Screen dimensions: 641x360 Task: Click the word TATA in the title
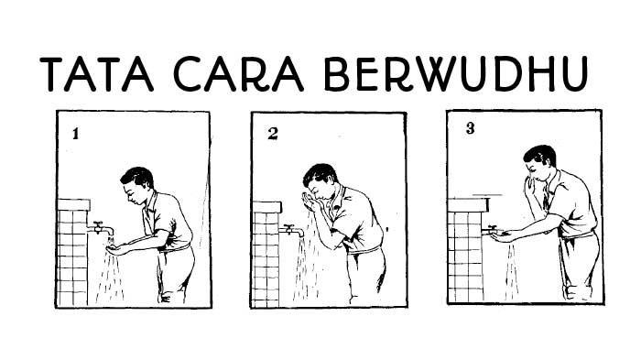[x=96, y=74]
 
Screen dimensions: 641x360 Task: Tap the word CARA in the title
[x=238, y=74]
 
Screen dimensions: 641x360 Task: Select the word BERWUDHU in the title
[x=456, y=73]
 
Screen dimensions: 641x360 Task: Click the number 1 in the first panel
[x=75, y=134]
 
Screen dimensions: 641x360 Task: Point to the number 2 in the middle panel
[x=273, y=134]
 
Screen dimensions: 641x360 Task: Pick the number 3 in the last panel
[x=470, y=128]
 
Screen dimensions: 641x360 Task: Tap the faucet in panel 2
[x=291, y=230]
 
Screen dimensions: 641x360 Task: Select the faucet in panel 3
[x=491, y=230]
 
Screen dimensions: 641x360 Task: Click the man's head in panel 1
[x=137, y=185]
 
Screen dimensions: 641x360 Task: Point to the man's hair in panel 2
[x=320, y=174]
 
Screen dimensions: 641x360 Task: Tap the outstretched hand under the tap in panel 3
[x=503, y=235]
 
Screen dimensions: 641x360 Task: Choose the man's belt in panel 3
[x=578, y=235]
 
